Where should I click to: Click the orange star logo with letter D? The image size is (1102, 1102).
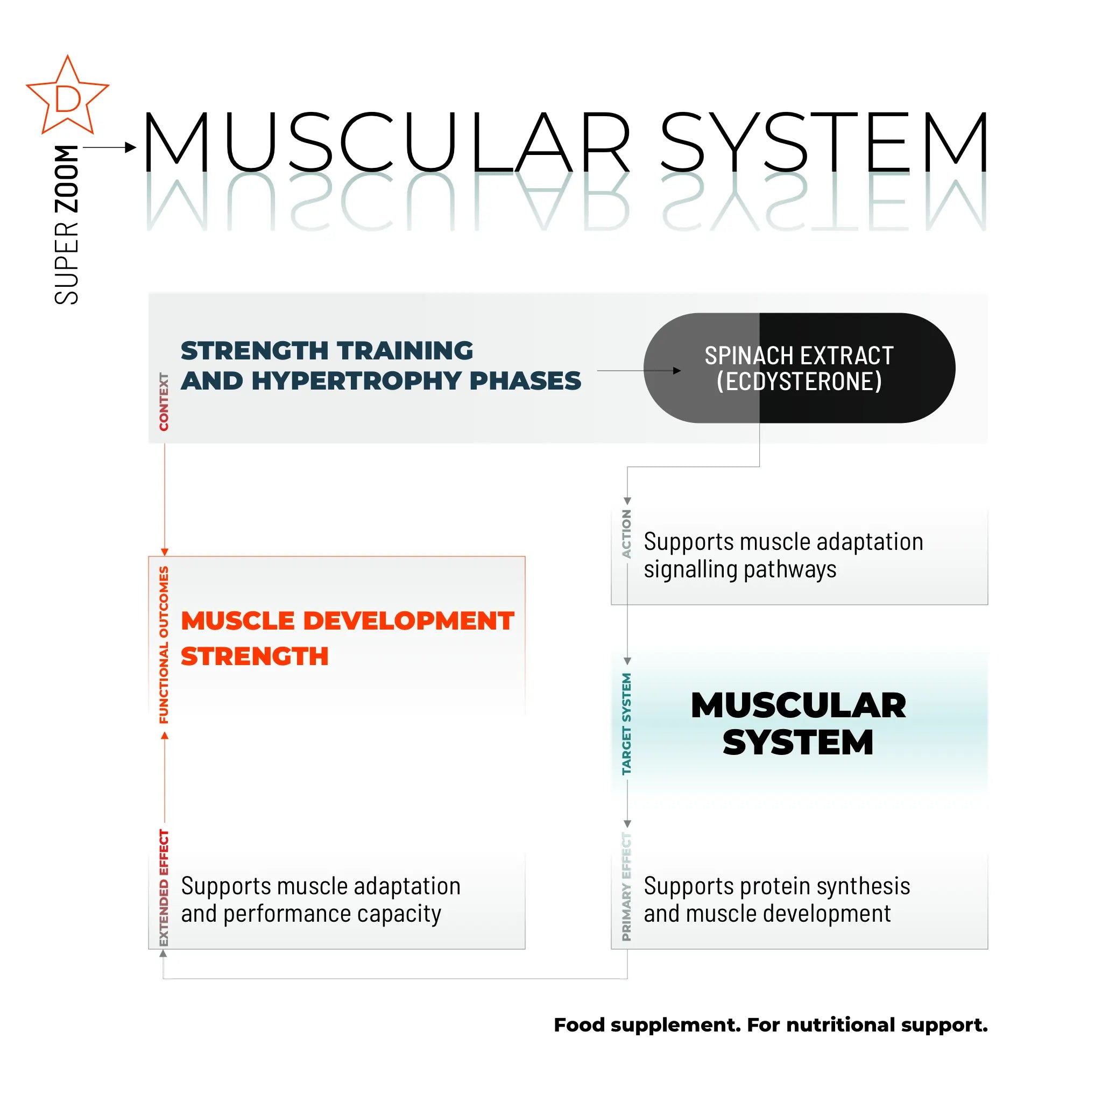(67, 97)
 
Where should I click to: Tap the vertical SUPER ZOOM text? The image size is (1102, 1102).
(67, 225)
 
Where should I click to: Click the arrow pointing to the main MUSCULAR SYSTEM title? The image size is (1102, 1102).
(110, 148)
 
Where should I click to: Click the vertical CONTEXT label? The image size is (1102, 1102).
(164, 401)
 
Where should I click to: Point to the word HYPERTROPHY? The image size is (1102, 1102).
(357, 381)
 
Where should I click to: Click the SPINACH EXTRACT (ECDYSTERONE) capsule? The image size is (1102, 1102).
(799, 368)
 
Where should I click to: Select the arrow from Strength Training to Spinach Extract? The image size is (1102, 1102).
(639, 371)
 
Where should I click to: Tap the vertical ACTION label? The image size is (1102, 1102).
(626, 534)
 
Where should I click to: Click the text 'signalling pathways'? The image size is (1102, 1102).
(740, 570)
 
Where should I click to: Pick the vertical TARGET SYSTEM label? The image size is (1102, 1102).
(626, 724)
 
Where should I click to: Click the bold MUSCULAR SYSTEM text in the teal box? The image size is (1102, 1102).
(798, 724)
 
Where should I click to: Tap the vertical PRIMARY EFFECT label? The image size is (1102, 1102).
(626, 886)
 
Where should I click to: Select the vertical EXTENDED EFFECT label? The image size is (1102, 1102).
(164, 887)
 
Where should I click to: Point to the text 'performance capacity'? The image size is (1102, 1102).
(332, 914)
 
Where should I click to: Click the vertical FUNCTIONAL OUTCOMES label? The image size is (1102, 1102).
(164, 645)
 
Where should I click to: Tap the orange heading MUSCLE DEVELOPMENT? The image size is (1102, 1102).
(348, 621)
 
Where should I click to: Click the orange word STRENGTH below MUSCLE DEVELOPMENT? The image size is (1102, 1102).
(255, 656)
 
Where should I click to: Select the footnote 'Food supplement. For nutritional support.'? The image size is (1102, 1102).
(770, 1025)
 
